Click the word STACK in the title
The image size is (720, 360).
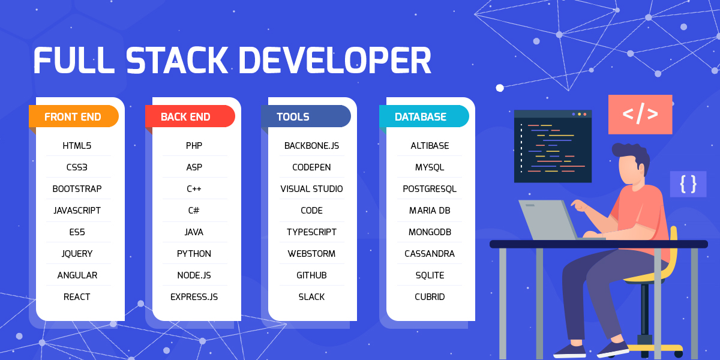[177, 61]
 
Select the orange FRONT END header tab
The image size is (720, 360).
[74, 116]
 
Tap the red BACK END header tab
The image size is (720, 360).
[190, 116]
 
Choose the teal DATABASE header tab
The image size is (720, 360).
[424, 116]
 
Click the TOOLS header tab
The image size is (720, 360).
[305, 116]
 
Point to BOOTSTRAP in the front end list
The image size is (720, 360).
[77, 188]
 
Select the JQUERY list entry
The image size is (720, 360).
[77, 254]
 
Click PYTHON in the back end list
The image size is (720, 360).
[194, 254]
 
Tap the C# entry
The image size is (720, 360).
[194, 210]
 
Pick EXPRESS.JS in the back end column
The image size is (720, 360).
[194, 296]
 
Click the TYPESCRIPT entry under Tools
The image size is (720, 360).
[311, 232]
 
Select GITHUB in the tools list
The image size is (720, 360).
[311, 275]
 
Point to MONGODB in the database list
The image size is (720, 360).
[430, 232]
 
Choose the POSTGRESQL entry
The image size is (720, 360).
[430, 188]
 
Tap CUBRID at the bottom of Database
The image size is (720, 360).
[430, 296]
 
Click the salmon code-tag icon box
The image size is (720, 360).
[640, 115]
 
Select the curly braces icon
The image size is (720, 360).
[688, 184]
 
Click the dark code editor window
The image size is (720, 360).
[553, 146]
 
